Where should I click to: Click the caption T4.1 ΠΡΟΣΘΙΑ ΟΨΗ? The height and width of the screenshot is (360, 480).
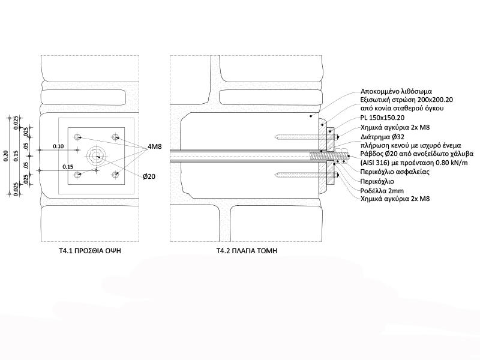click(90, 251)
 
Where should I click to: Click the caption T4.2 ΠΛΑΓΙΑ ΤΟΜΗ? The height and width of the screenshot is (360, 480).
click(247, 251)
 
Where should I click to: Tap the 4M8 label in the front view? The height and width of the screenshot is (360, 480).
click(155, 146)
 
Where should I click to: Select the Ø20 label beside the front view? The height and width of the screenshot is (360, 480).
click(149, 176)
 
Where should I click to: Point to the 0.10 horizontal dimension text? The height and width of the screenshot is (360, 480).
click(58, 146)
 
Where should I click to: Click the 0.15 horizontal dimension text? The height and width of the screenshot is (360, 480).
click(68, 167)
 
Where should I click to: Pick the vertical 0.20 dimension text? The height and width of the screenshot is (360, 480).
click(7, 156)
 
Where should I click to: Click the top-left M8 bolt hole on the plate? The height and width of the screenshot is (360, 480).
click(77, 137)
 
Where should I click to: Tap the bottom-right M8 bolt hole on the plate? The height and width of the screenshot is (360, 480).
click(115, 175)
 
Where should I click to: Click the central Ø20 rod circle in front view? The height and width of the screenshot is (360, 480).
click(97, 156)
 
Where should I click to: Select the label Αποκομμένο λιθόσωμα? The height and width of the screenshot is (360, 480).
click(396, 91)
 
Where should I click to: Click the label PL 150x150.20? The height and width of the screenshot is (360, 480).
click(382, 118)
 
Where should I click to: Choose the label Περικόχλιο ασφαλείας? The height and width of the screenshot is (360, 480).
click(395, 172)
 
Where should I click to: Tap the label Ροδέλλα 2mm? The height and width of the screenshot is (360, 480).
click(382, 191)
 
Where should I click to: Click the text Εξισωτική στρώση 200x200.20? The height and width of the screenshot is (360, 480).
click(407, 100)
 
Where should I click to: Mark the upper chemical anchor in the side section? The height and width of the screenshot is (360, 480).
click(306, 137)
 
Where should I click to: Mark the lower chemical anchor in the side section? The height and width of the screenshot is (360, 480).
click(306, 175)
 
